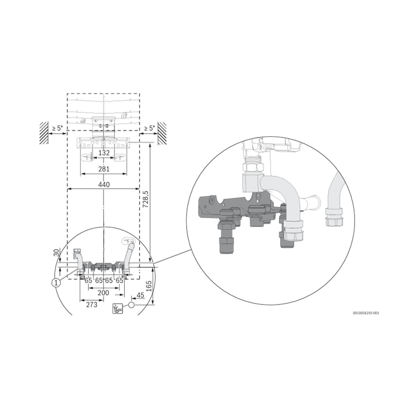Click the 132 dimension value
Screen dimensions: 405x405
[104, 153]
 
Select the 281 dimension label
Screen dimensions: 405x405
[104, 169]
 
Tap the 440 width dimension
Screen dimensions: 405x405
[104, 185]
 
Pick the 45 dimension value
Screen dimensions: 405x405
[140, 295]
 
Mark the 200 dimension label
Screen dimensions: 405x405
[103, 293]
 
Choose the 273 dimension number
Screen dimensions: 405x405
[92, 305]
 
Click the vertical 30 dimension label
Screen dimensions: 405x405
[56, 253]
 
